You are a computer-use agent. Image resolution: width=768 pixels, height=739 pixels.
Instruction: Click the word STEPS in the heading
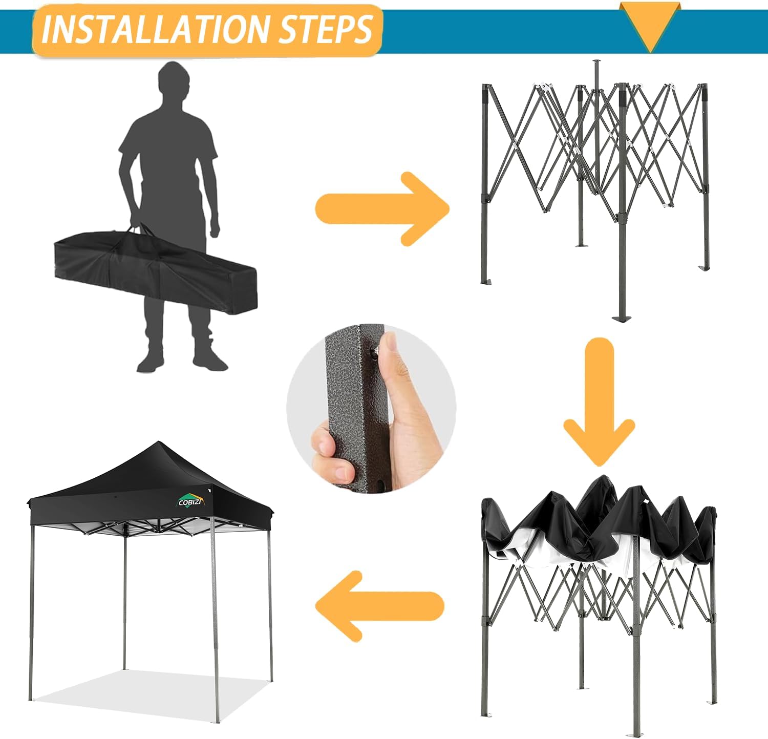pyautogui.click(x=325, y=29)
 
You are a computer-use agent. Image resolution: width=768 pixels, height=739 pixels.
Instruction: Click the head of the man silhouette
pyautogui.click(x=173, y=82)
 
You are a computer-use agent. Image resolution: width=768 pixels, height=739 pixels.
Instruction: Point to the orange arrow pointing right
pyautogui.click(x=382, y=208)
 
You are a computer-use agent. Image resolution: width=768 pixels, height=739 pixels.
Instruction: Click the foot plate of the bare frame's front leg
pyautogui.click(x=621, y=319)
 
